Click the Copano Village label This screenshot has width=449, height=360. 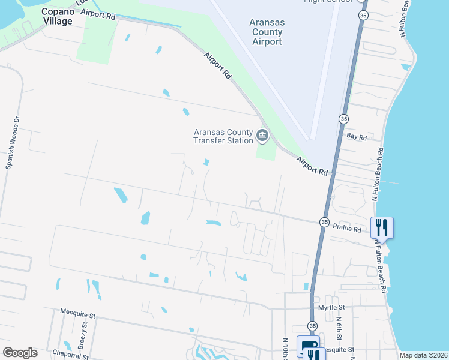coord(57,16)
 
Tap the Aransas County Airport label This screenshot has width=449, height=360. coord(266,32)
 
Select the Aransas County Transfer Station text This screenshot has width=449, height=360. coord(223,137)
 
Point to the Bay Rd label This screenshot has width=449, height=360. coord(357,137)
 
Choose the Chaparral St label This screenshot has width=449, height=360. coord(74,353)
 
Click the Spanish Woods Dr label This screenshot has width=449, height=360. coord(13,142)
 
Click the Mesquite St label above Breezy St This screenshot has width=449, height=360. coord(78,314)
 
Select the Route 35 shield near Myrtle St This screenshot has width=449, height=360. coord(312,325)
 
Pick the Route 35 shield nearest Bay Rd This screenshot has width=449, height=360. coord(343,118)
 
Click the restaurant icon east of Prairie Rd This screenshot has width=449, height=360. coord(382,227)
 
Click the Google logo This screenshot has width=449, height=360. coord(20,353)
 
